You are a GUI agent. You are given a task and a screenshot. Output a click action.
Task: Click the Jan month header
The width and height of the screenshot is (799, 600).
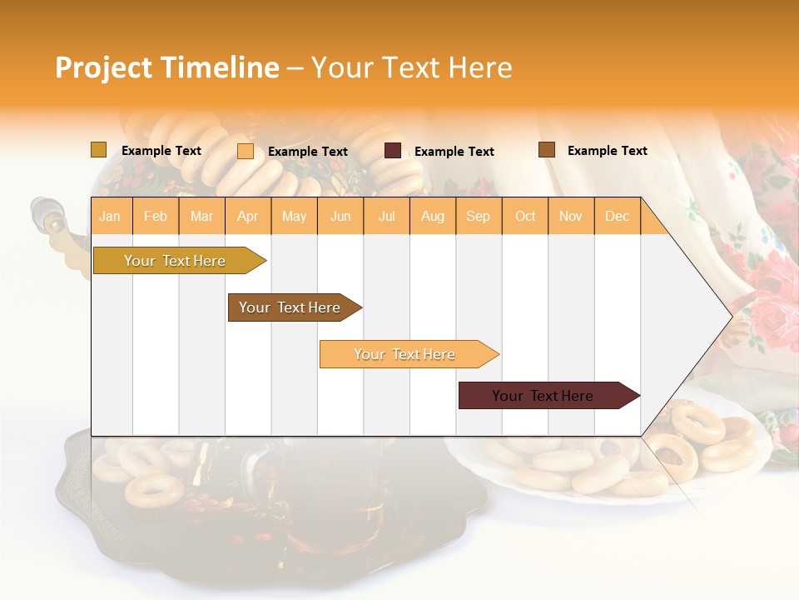click(x=110, y=216)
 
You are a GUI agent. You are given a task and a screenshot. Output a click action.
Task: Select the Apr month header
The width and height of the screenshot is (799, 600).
click(x=248, y=216)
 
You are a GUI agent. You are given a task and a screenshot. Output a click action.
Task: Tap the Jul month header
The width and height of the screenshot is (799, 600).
click(x=386, y=216)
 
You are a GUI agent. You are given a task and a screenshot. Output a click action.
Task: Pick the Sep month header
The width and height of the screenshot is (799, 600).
click(x=478, y=216)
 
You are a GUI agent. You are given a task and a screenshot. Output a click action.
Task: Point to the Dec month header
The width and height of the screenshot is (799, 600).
click(x=617, y=216)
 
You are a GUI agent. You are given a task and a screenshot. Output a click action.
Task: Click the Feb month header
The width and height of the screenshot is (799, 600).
click(x=156, y=216)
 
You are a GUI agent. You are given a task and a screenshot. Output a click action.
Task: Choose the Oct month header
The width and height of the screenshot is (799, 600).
click(x=525, y=216)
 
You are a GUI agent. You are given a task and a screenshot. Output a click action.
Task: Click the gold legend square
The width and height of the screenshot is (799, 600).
click(x=98, y=150)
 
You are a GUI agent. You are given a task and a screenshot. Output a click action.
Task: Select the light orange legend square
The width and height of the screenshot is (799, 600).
click(x=246, y=151)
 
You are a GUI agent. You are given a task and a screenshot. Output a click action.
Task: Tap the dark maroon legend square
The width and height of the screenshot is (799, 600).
click(x=393, y=151)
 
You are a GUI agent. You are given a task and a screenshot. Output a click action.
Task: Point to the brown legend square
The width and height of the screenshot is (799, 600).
click(x=547, y=150)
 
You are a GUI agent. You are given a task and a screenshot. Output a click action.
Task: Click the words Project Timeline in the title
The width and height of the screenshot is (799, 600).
click(x=166, y=67)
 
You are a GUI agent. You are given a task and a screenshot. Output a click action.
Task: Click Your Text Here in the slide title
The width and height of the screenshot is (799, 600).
click(x=411, y=67)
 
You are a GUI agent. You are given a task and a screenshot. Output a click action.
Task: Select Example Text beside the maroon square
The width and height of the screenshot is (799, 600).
click(x=454, y=152)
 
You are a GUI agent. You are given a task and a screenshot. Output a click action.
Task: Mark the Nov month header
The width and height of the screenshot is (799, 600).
click(x=571, y=216)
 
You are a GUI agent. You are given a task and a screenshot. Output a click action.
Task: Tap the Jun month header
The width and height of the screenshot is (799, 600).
click(x=340, y=216)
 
